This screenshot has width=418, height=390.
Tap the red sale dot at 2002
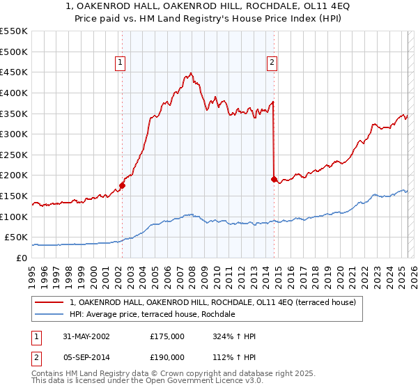click(122, 185)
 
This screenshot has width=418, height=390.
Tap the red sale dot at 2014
click(274, 179)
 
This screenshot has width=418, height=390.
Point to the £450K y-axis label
click(14, 72)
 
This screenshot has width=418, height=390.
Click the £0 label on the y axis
click(21, 258)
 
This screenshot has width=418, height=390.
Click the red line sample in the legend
click(50, 302)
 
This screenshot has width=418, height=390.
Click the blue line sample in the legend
click(50, 314)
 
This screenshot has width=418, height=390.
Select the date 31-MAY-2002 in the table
click(86, 336)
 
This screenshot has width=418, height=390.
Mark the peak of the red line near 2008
click(191, 72)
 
